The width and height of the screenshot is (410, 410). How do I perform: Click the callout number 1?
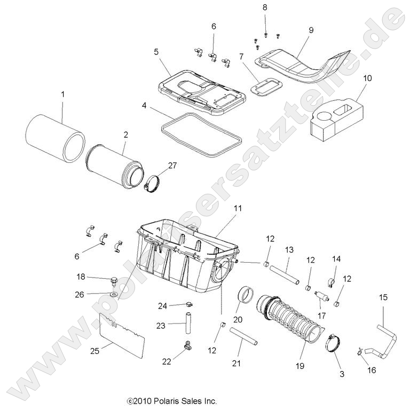(x=62, y=94)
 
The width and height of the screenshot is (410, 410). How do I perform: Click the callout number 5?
(x=156, y=52)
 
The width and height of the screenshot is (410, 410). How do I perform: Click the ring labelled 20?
(x=247, y=295)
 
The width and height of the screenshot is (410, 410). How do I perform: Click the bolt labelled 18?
(x=114, y=279)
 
